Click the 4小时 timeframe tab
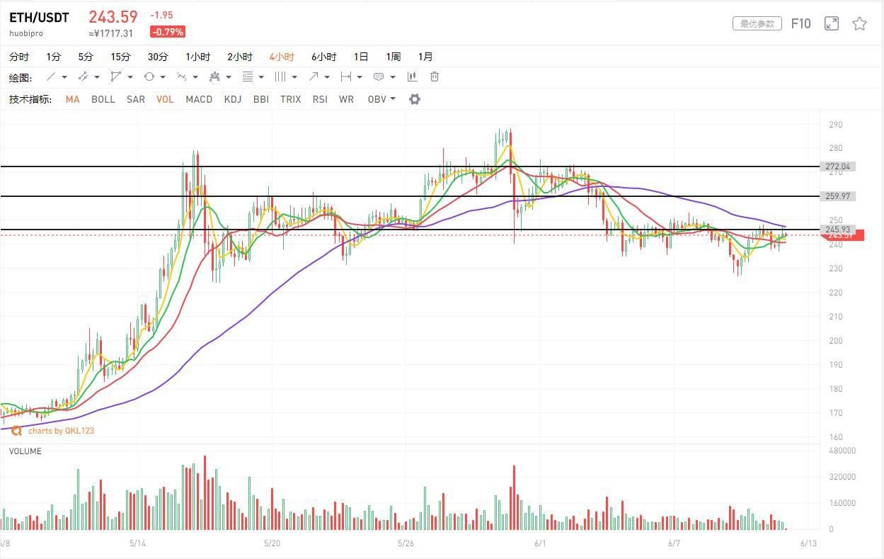tap(281, 57)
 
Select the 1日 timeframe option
tap(361, 57)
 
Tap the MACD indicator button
tap(199, 99)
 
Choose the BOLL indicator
tap(103, 99)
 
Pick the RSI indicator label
tap(320, 99)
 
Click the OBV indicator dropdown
tap(381, 99)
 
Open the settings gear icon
tap(415, 99)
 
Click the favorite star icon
tap(859, 23)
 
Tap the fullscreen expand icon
tap(832, 23)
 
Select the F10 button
tap(800, 23)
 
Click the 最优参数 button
tap(757, 23)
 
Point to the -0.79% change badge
tap(168, 32)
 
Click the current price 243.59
tap(113, 16)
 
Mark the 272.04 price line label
tap(838, 166)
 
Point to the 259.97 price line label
tap(838, 196)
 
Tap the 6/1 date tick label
tap(540, 543)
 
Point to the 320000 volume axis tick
tap(841, 477)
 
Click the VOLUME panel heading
tap(25, 451)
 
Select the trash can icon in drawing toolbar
tap(435, 77)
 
